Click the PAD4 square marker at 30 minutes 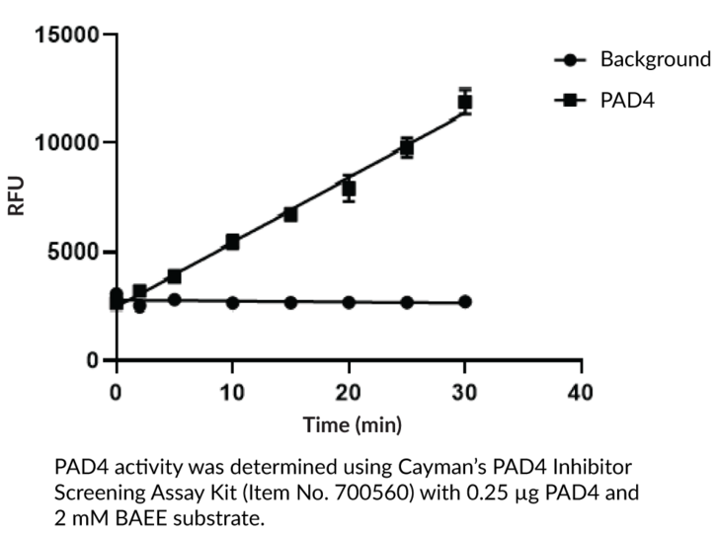465,102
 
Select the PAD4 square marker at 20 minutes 349,188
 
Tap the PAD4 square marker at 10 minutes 233,242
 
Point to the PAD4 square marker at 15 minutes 290,214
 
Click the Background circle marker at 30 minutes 465,301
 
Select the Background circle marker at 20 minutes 349,301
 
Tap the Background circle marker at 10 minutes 233,301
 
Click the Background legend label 655,59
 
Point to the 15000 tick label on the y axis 66,36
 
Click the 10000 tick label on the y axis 66,143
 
